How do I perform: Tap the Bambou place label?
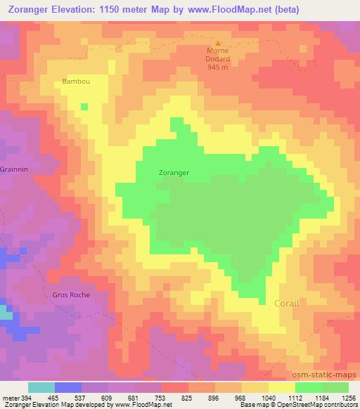click(x=75, y=82)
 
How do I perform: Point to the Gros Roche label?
click(x=71, y=295)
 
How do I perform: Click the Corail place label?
click(x=285, y=304)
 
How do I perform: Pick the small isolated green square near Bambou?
click(x=84, y=107)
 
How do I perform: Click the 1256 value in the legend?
click(x=349, y=397)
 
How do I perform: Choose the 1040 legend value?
click(x=269, y=397)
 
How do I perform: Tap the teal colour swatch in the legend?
click(x=41, y=387)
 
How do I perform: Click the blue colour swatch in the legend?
click(x=67, y=387)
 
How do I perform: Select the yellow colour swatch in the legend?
click(x=281, y=387)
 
